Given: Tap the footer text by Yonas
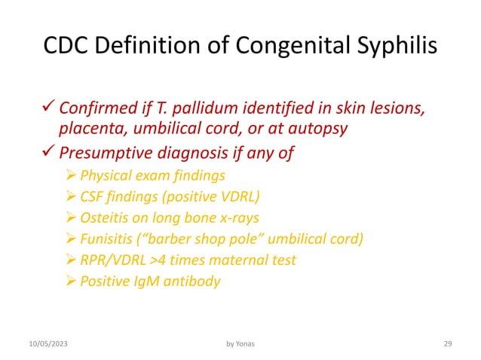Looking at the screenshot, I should click(240, 344).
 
